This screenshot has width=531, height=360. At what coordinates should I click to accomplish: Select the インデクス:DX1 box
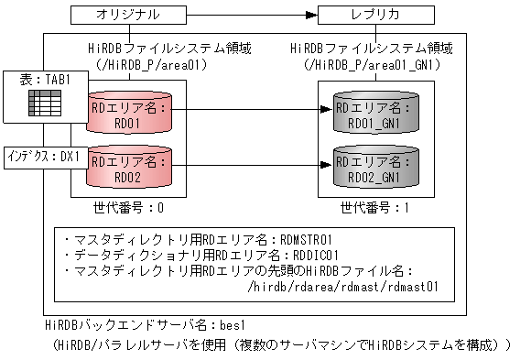tap(43, 156)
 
